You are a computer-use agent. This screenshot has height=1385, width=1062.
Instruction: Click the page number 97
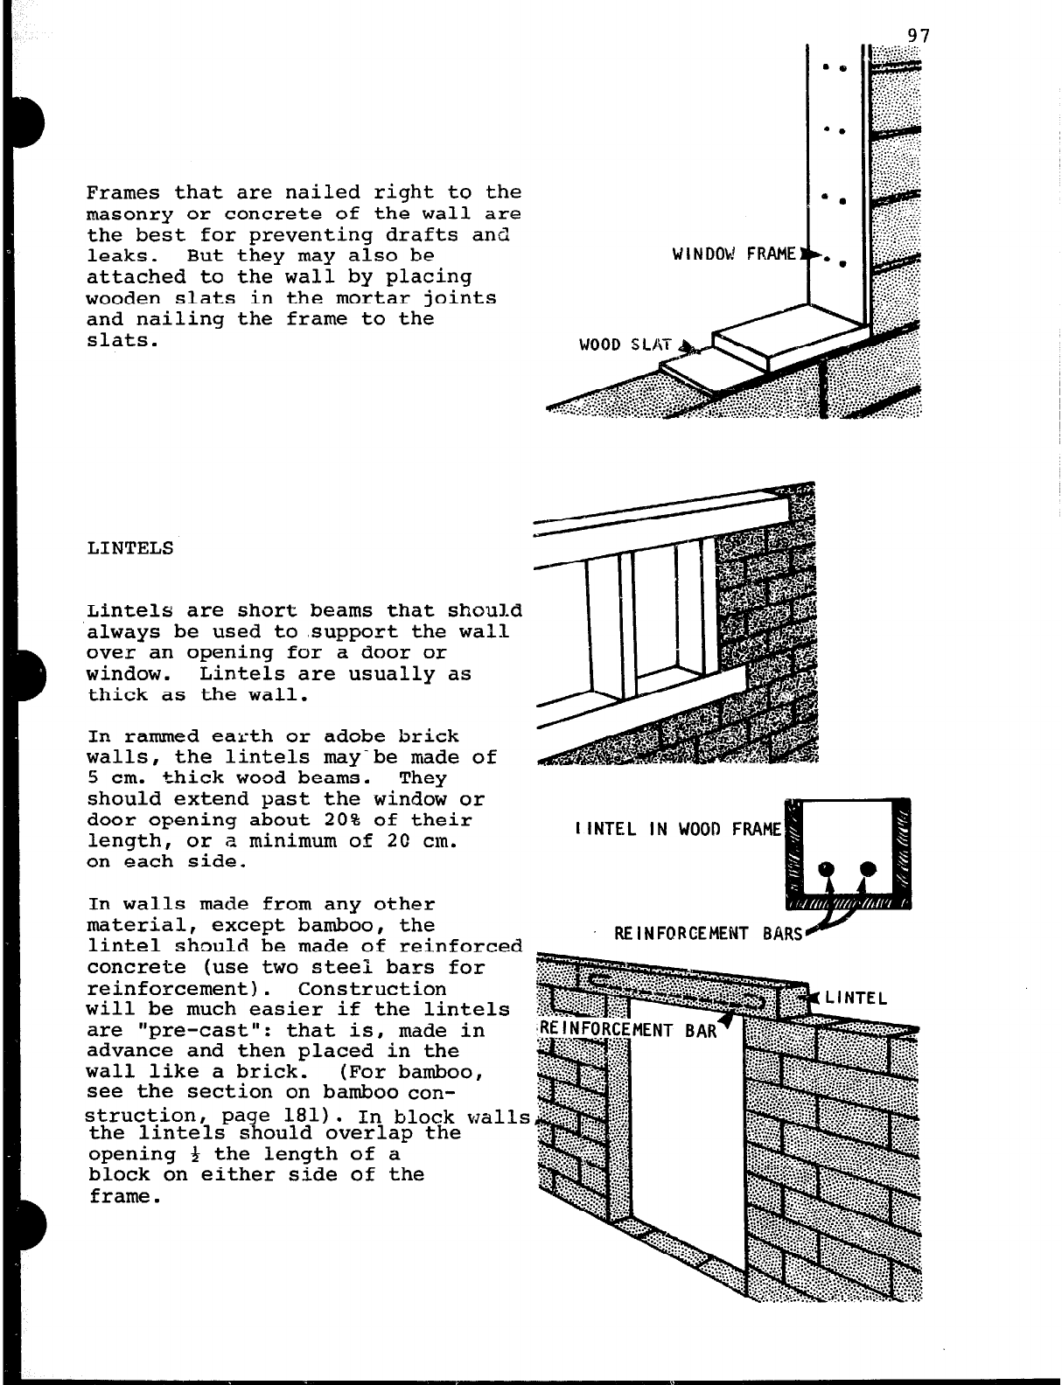(x=918, y=36)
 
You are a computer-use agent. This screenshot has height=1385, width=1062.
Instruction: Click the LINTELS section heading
(x=130, y=549)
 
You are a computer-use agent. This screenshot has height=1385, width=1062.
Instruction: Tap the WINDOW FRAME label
(x=735, y=254)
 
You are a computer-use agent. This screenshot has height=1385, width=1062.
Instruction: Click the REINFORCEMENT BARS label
(x=708, y=933)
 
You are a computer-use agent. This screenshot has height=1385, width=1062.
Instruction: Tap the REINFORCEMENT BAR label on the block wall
(x=628, y=1030)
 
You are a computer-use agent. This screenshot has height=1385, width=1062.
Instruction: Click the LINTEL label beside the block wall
(x=856, y=998)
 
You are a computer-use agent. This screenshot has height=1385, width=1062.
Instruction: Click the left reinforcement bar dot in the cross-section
(x=828, y=869)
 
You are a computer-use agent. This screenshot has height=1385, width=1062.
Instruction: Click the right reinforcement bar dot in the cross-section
(x=868, y=869)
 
